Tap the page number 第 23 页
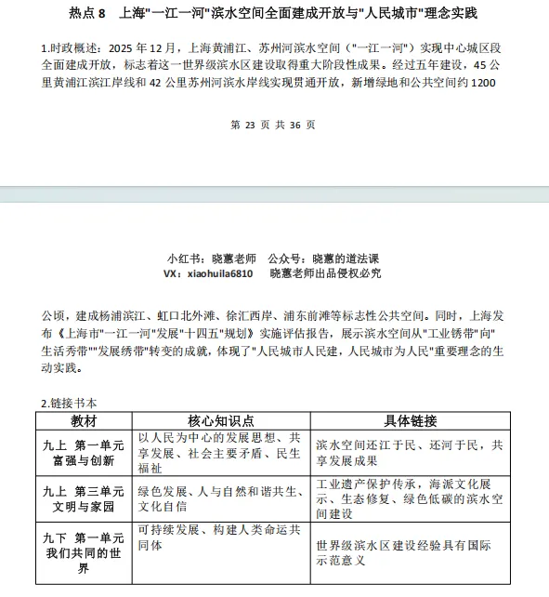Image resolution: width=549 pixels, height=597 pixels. tap(250, 124)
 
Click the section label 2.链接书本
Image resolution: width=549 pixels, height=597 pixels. tap(70, 403)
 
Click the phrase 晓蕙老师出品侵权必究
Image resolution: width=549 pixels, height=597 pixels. tap(325, 274)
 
